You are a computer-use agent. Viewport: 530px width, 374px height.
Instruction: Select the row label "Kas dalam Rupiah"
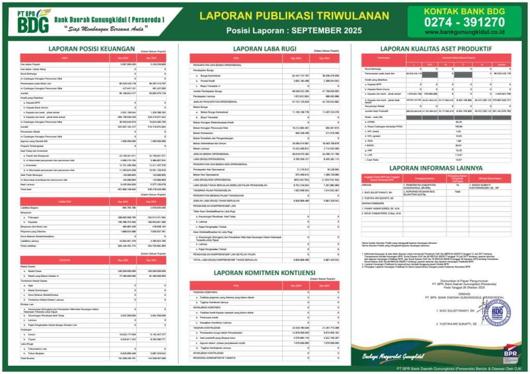[x=31, y=64]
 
